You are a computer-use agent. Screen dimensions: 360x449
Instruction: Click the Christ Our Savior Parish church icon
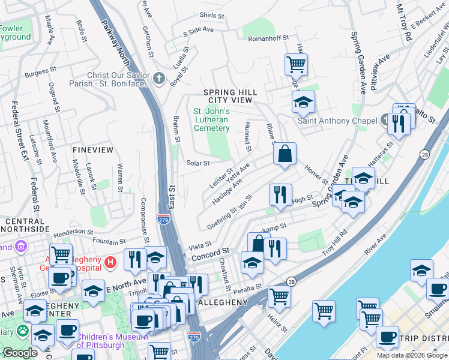159,79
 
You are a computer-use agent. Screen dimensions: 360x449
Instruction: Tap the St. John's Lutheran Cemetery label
211,119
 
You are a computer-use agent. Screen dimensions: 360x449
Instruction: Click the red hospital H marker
110,262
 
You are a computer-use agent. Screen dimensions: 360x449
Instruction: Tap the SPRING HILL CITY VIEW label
230,96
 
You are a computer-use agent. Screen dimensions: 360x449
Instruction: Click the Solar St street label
197,163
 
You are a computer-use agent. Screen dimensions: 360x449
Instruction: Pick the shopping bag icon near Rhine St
285,154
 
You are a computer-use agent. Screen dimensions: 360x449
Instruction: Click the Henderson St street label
74,232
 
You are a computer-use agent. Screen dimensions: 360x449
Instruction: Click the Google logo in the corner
20,353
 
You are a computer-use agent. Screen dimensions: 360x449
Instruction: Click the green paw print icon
23,331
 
